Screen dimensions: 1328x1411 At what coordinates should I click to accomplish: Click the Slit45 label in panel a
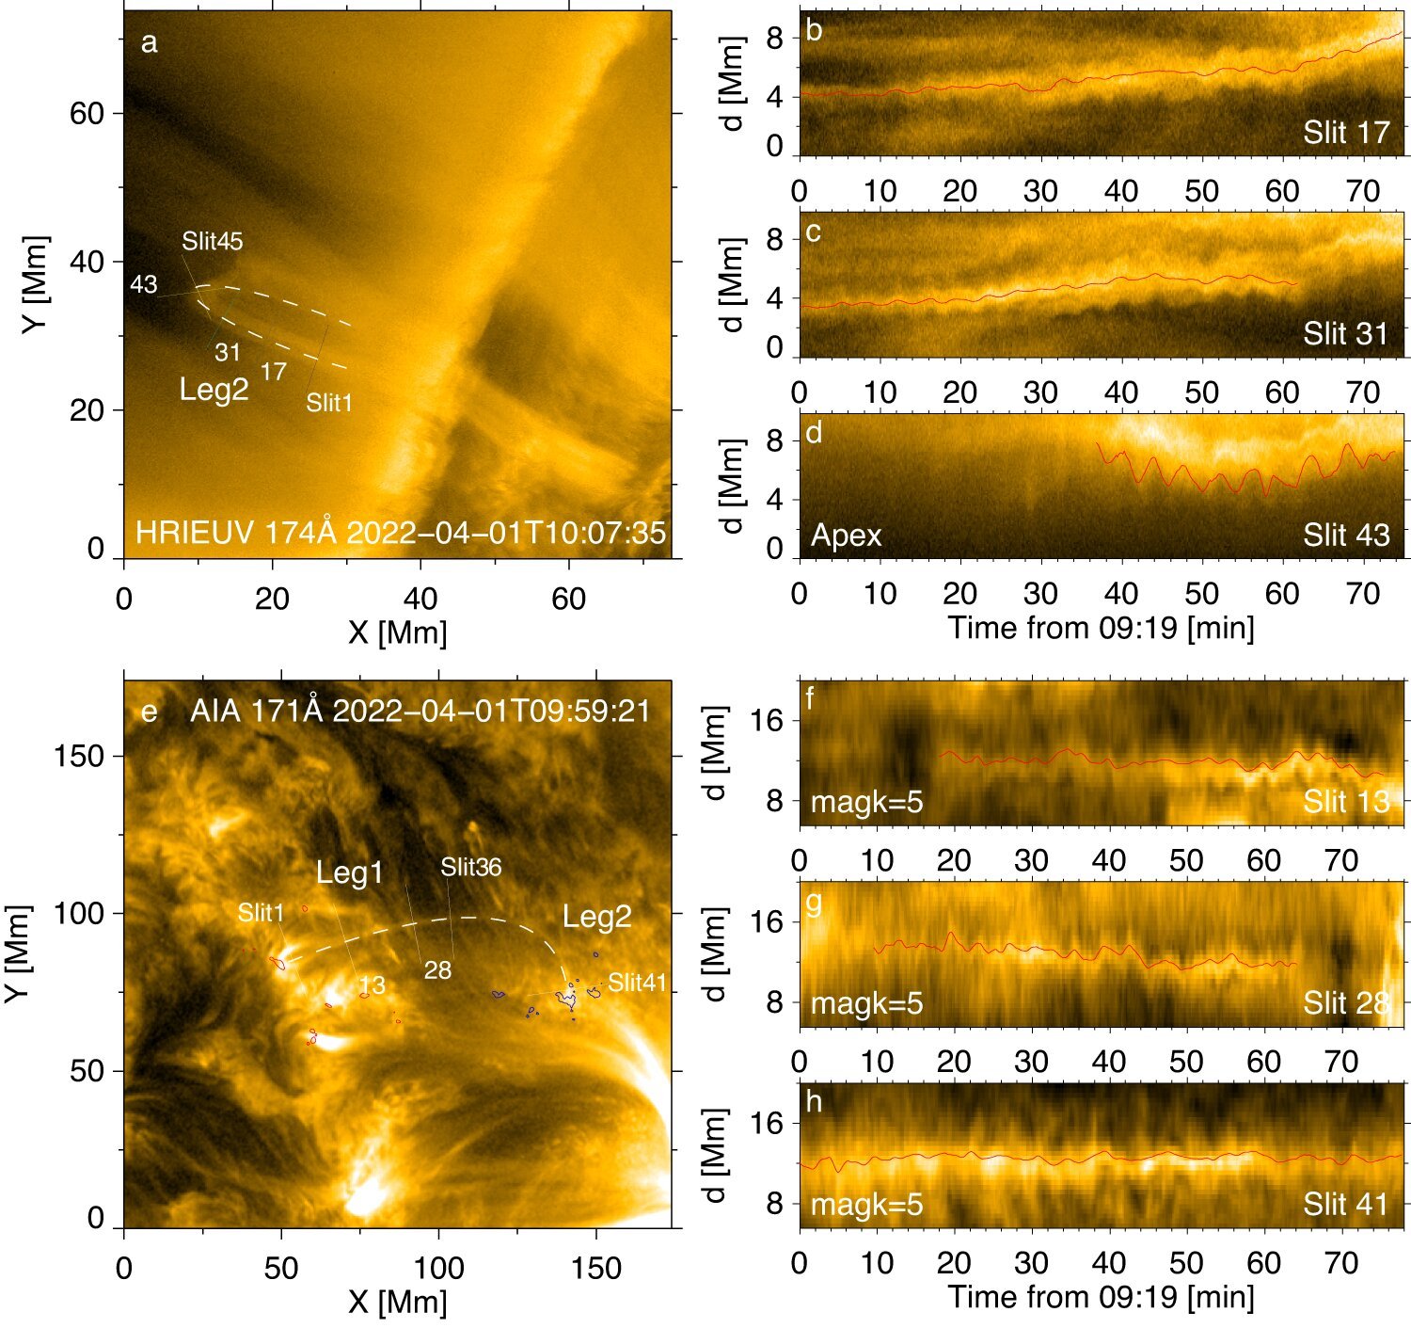click(213, 242)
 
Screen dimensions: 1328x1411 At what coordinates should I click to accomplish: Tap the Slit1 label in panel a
click(329, 403)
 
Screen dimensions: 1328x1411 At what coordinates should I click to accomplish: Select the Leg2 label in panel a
click(214, 389)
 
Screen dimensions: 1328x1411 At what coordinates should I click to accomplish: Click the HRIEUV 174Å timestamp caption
click(401, 533)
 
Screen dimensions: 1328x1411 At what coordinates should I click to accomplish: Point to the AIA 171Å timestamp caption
click(420, 711)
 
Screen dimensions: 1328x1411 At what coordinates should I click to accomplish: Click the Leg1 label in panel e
click(350, 872)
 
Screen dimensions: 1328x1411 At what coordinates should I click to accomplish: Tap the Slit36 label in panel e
click(471, 867)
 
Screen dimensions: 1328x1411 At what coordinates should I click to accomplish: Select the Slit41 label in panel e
click(637, 984)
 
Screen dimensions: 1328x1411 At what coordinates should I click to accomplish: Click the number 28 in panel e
click(437, 970)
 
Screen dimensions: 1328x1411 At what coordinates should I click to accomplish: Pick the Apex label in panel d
click(847, 536)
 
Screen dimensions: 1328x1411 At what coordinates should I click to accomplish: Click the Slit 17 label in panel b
click(1346, 133)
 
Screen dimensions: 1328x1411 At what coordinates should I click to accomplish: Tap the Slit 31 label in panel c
click(1346, 334)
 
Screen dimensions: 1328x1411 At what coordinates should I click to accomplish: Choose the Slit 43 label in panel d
click(1346, 536)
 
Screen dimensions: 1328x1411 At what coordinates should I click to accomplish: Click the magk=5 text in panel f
click(866, 803)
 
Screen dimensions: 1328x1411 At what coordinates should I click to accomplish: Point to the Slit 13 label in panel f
click(1346, 802)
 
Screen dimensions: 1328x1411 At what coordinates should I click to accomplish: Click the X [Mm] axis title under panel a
click(397, 632)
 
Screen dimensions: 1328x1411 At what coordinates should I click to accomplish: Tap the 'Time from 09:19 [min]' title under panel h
click(1101, 1297)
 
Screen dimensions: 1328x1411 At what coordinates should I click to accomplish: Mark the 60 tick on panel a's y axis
click(87, 113)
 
